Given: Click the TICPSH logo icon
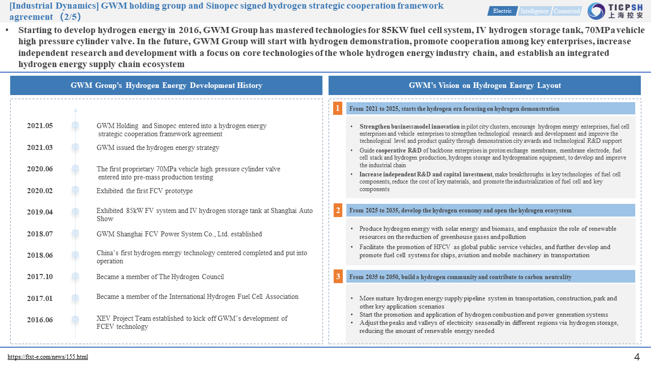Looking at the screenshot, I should pos(596,11).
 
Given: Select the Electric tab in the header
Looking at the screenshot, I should pos(502,11).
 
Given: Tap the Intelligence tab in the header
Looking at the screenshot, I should pos(534,11).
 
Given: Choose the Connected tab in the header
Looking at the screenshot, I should pos(567,11).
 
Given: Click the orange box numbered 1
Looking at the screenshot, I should pos(338,108).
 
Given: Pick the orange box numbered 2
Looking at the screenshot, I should pos(338,210).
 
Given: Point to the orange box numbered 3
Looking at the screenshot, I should pos(338,277).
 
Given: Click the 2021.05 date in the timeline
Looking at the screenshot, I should pos(40,126).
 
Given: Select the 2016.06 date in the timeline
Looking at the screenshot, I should pos(40,320).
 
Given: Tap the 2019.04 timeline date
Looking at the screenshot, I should pos(40,212).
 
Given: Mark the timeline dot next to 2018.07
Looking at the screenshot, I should pos(75,233).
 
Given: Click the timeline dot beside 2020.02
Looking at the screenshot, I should pos(75,190).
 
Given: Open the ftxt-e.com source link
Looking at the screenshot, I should pos(48,357).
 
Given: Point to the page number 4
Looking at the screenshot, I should pos(637,357).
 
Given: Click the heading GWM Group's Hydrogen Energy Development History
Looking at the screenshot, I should pos(166,85).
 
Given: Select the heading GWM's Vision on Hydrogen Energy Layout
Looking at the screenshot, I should pos(485,85).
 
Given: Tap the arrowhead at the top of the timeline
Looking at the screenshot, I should pos(75,109).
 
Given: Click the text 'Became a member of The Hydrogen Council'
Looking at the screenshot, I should pos(160,277).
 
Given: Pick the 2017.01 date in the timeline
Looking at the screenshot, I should pos(40,298).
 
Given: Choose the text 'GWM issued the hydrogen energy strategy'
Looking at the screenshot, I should pos(158,148).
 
